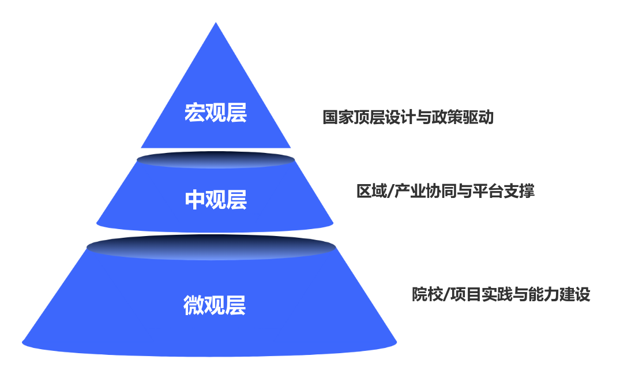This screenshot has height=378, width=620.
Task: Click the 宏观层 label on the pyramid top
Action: click(x=216, y=113)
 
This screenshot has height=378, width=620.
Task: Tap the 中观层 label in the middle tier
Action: click(x=216, y=200)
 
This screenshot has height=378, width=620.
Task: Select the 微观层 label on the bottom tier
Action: click(x=215, y=305)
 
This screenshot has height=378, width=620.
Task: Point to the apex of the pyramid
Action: click(x=216, y=23)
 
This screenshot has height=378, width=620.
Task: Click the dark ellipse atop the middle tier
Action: click(x=216, y=160)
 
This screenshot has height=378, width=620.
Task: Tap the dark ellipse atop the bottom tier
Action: click(x=211, y=248)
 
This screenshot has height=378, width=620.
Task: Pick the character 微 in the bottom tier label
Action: click(x=194, y=305)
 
